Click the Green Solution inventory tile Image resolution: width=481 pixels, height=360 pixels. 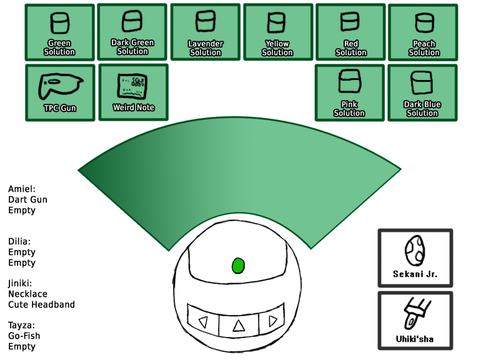59,32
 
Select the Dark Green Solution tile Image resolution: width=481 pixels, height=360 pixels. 132,32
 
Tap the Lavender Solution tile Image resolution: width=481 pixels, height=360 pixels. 206,32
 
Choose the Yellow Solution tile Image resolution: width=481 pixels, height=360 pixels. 278,32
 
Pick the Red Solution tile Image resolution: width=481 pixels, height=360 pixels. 350,32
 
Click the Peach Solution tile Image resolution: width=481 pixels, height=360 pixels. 423,32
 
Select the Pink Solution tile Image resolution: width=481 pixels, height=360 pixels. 350,92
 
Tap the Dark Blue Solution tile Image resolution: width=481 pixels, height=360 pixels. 422,92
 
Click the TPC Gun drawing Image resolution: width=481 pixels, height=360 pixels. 60,86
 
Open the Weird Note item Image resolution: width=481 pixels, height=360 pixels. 134,92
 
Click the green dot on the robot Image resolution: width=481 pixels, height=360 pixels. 239,266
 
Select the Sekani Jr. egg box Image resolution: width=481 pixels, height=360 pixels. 415,257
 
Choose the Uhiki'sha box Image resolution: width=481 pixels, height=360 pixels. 415,321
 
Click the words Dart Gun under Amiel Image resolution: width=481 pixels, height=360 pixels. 27,199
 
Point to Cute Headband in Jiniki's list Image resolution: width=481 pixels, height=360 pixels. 41,304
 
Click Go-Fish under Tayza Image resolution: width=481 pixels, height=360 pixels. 24,336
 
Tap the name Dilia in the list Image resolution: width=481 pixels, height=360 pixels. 19,241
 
